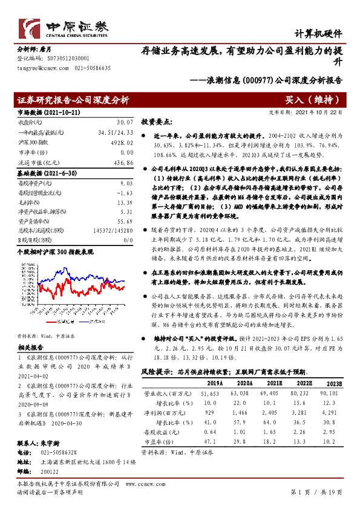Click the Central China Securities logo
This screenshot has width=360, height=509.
(64, 27)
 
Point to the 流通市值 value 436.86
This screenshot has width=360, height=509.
(122, 163)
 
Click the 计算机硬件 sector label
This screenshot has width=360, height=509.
(318, 34)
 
